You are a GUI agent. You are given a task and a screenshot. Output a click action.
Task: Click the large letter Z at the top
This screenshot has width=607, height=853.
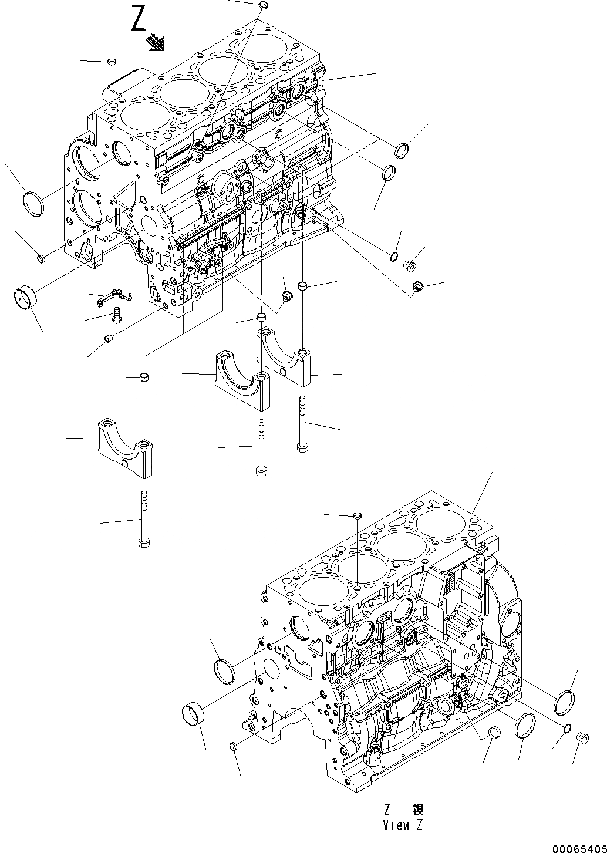(x=139, y=19)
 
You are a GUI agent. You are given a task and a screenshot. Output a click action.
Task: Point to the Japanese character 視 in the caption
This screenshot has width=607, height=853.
(x=417, y=811)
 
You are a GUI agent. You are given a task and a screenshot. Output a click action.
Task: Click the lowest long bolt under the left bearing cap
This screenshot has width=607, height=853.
(x=144, y=520)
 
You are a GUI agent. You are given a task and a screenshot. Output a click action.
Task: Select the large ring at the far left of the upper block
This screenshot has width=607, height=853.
(x=33, y=203)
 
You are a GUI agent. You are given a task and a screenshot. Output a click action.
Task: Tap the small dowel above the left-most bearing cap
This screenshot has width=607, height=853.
(x=143, y=376)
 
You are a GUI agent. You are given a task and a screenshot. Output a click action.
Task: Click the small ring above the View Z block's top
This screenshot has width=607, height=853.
(x=356, y=515)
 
